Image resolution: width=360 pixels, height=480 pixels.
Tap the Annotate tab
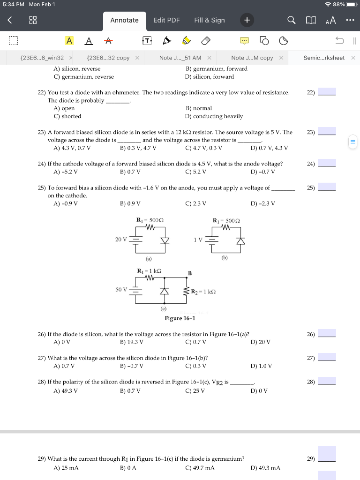pyautogui.click(x=124, y=20)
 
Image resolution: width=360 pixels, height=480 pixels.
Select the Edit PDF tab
pyautogui.click(x=166, y=20)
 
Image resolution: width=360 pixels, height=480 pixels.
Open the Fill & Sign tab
pyautogui.click(x=210, y=20)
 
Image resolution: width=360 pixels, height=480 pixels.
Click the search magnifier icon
pyautogui.click(x=292, y=20)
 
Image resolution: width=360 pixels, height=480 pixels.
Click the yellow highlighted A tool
pyautogui.click(x=69, y=41)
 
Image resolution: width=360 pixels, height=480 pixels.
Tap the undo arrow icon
pyautogui.click(x=339, y=41)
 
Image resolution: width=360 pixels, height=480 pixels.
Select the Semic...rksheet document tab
pyautogui.click(x=324, y=58)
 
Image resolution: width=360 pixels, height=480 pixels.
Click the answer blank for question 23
pyautogui.click(x=327, y=132)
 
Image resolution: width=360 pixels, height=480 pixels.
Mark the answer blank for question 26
pyautogui.click(x=327, y=334)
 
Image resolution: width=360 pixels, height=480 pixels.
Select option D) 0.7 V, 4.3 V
pyautogui.click(x=270, y=148)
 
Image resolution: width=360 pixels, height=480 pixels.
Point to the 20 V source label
pyautogui.click(x=121, y=239)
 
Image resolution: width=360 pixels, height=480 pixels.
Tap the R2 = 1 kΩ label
pyautogui.click(x=202, y=292)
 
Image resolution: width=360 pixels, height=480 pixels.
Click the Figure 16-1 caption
pyautogui.click(x=180, y=318)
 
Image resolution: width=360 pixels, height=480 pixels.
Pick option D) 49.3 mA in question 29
pyautogui.click(x=265, y=468)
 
